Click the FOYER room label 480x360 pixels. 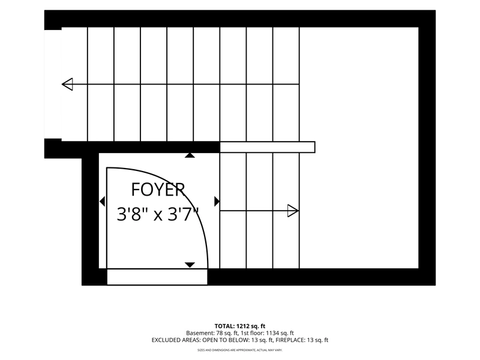[158, 190]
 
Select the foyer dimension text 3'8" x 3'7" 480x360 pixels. [158, 214]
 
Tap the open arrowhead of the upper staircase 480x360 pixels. [67, 84]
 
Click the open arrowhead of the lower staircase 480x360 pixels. [293, 211]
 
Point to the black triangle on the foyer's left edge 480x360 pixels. [102, 202]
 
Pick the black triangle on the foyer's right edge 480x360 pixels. [217, 202]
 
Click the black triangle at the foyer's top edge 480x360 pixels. [190, 155]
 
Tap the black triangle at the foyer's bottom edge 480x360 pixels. [190, 265]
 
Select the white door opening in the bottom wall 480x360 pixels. [157, 277]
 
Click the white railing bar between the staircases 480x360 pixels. [267, 147]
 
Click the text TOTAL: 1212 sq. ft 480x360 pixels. [239, 326]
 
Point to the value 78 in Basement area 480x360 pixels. [220, 333]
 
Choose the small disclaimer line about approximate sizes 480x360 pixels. [239, 350]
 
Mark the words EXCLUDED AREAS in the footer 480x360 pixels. [176, 340]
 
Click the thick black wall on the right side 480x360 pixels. [427, 148]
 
